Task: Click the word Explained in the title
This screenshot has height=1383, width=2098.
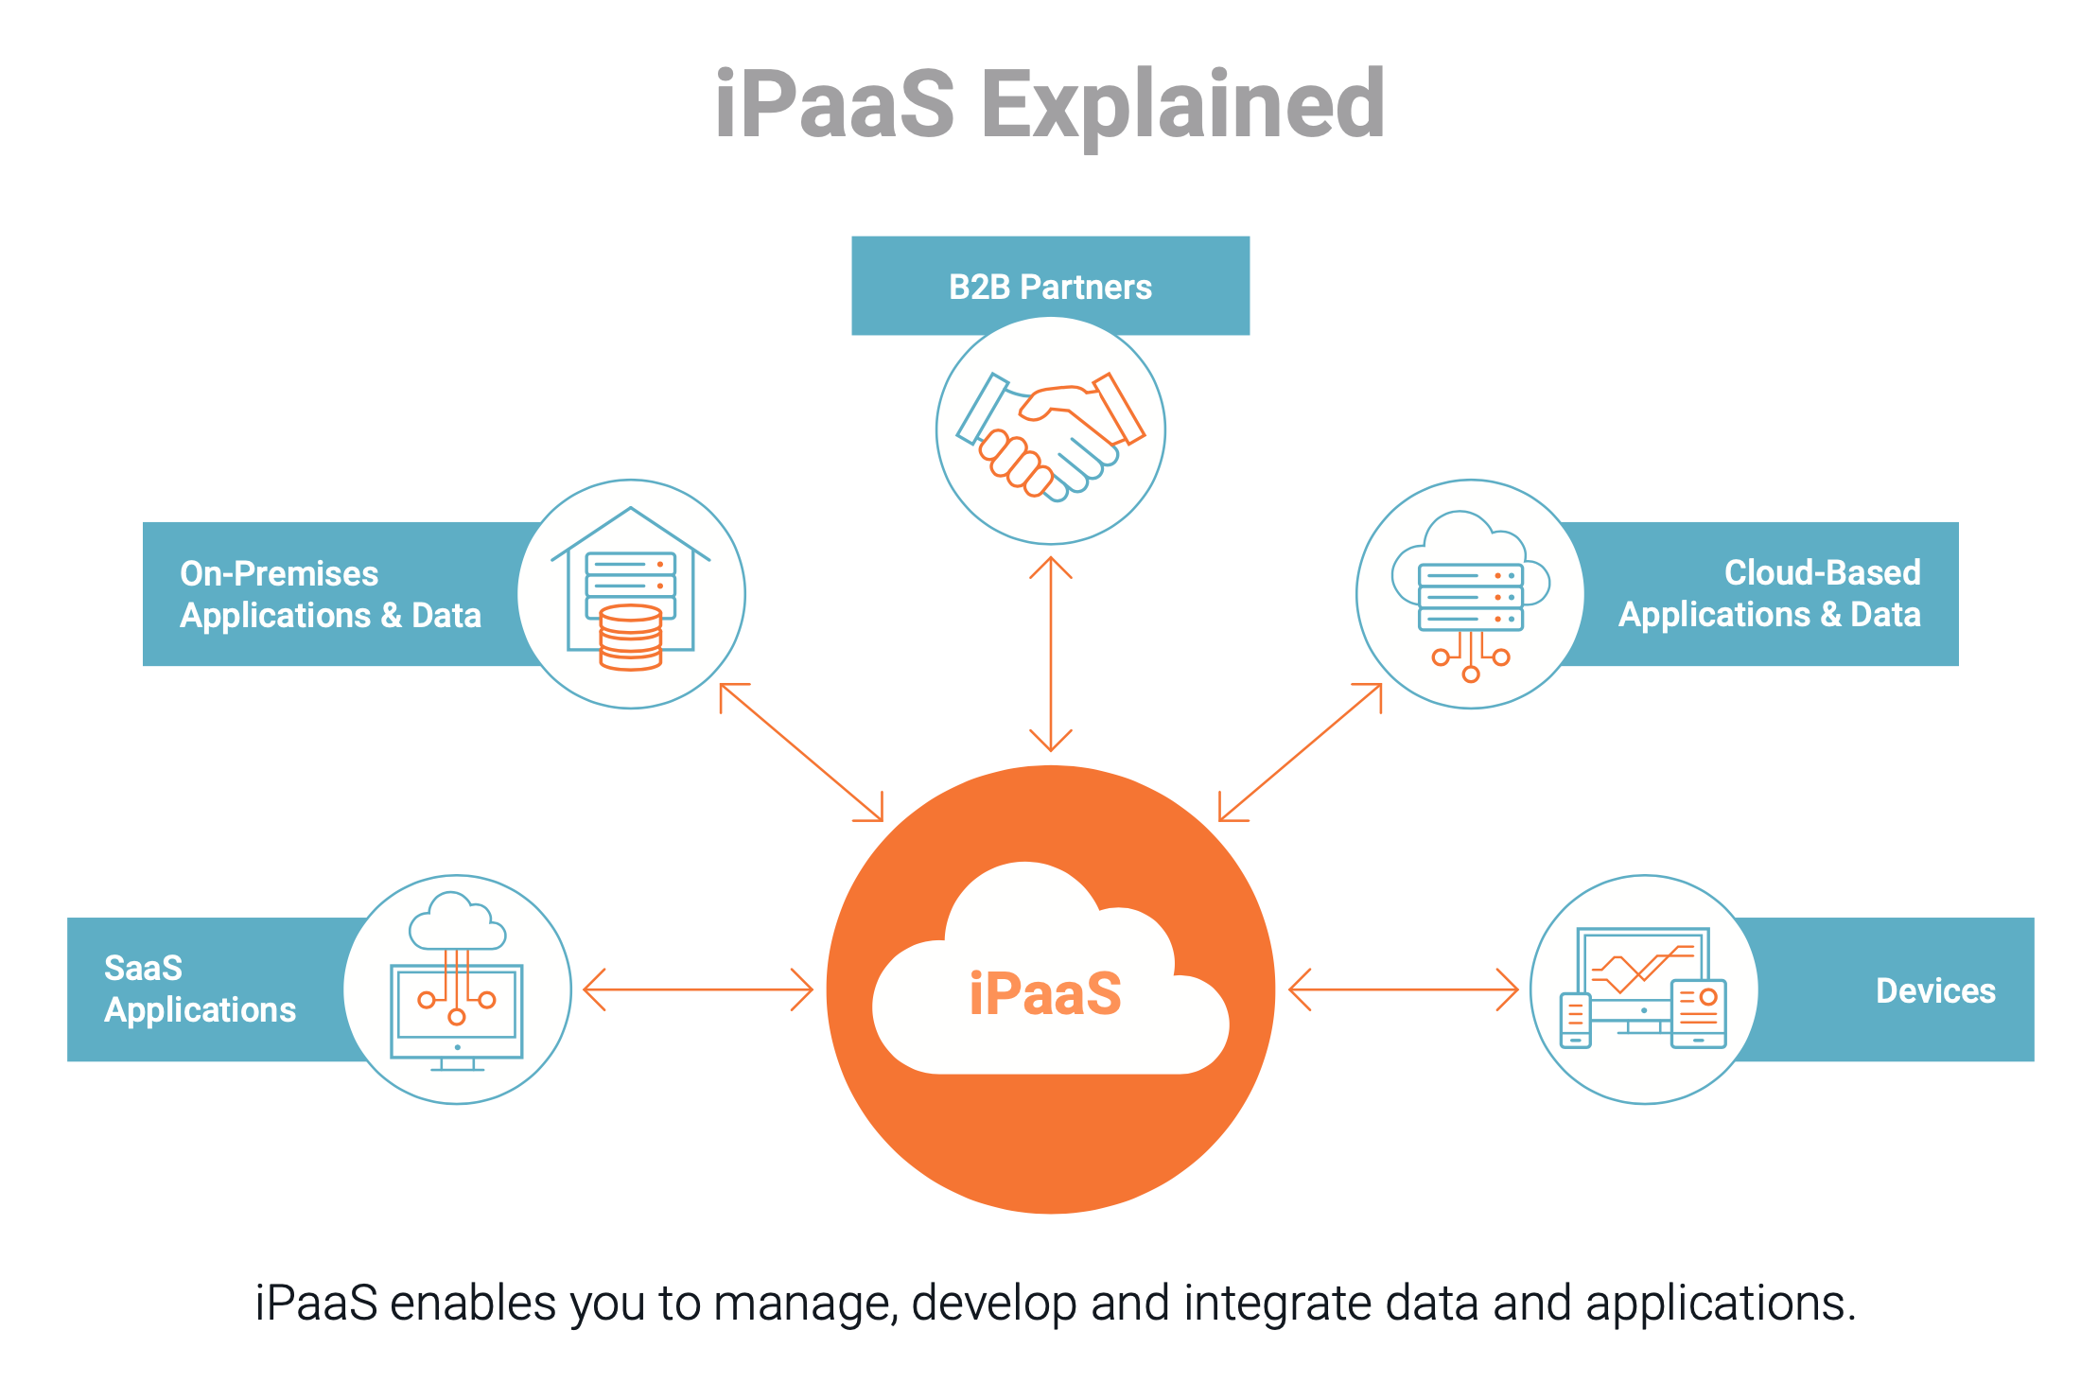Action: [1182, 106]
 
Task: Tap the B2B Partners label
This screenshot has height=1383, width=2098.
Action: [1050, 287]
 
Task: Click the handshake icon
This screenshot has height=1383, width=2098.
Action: [1050, 435]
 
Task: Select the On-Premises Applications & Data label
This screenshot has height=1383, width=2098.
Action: [330, 594]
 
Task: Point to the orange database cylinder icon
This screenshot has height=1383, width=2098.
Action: [631, 638]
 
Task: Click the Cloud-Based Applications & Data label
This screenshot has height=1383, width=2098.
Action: [1769, 594]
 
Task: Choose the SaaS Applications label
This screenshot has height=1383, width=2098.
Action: [200, 989]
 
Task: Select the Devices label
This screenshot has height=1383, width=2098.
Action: [1935, 990]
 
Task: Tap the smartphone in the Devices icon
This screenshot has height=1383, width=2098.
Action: [1575, 1020]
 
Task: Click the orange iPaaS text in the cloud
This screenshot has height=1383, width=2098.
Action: [1045, 993]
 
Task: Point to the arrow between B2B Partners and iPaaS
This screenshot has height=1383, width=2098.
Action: [1050, 653]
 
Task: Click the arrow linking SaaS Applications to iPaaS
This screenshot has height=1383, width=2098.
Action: [698, 989]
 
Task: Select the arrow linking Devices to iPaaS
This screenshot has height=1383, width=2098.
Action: [1404, 989]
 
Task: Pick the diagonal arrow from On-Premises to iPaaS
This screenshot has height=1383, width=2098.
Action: [801, 752]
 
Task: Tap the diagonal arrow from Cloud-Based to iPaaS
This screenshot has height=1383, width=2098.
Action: [1301, 752]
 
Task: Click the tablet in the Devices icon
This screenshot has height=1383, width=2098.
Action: [1699, 1013]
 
